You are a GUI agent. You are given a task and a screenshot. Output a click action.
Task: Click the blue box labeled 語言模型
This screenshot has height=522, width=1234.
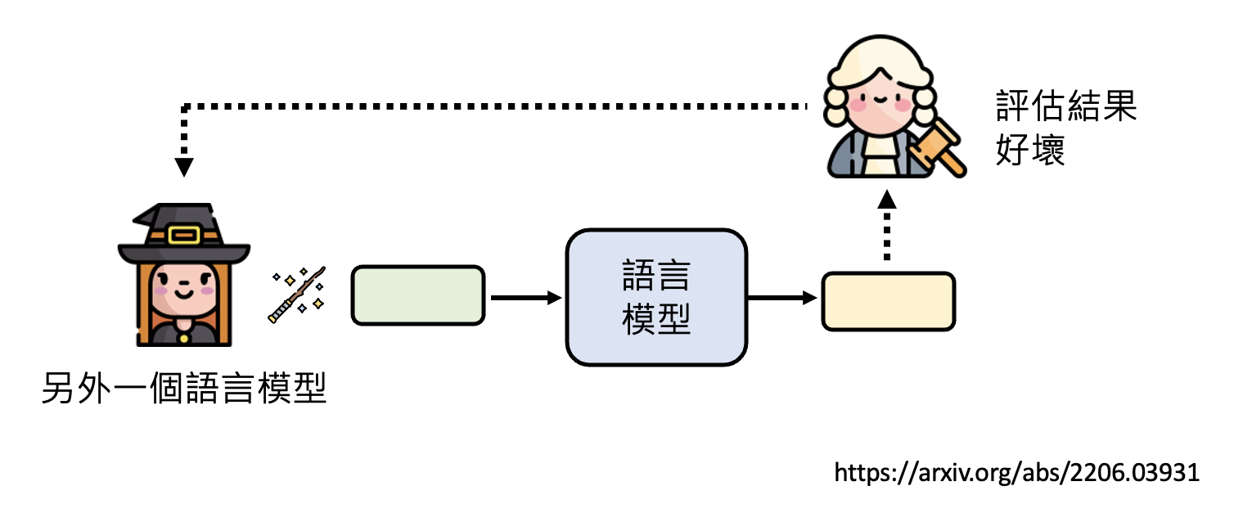coord(656,296)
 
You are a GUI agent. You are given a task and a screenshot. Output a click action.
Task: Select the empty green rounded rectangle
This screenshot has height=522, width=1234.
coord(418,295)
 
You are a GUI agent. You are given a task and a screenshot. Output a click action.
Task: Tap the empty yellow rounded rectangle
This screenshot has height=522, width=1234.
coord(888,302)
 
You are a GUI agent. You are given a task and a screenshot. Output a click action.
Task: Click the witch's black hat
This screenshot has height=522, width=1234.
coord(183,233)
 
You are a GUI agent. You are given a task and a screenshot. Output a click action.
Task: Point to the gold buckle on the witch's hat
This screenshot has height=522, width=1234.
coord(183,236)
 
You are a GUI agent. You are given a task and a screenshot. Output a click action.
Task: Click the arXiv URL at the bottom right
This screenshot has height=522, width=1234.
coord(1016,472)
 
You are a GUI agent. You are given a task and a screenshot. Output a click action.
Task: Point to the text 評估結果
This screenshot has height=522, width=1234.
coord(1066,106)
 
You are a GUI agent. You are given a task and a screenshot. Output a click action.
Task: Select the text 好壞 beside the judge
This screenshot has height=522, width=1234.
coord(1030,149)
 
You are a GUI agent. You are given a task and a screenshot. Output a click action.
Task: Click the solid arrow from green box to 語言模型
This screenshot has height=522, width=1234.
coord(525,298)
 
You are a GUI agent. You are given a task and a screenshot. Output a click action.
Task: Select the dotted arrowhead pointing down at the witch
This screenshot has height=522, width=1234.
coord(185,167)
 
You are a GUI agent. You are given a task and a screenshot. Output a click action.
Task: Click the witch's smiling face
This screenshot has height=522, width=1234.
coord(184,286)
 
